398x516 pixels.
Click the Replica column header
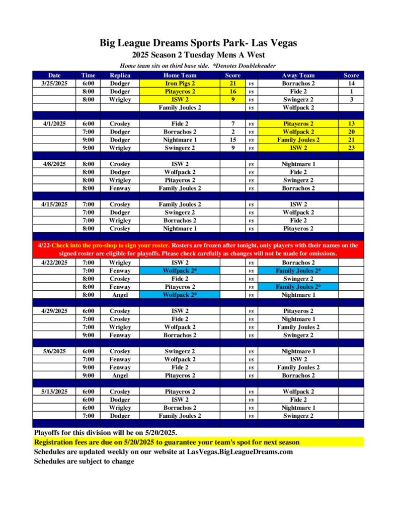pos(120,76)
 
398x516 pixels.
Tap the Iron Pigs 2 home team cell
pos(180,84)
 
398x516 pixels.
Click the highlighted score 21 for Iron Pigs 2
pos(232,84)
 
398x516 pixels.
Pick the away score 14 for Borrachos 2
pos(351,84)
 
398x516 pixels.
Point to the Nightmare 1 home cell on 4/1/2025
pos(180,140)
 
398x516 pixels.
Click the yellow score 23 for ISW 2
pos(351,148)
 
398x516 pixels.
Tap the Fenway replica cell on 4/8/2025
pos(120,188)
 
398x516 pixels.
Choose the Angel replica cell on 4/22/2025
pos(120,295)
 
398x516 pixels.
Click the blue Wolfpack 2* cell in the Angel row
pos(180,295)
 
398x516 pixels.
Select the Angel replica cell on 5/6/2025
pos(120,375)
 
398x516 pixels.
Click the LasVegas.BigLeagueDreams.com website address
pos(240,451)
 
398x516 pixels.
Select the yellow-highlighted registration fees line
pos(167,442)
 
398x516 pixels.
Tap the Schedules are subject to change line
pos(84,461)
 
